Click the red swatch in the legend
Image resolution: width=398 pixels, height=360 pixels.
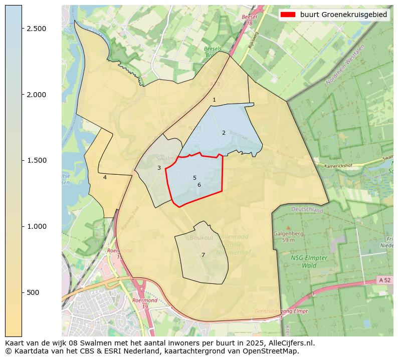[288, 15]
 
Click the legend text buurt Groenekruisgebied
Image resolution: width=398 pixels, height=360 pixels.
[344, 15]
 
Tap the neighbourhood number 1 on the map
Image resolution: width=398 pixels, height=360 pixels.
[214, 100]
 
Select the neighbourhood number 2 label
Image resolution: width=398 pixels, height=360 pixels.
[224, 133]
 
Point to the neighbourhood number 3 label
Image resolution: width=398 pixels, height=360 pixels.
[159, 168]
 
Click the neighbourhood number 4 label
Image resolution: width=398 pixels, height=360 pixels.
[105, 177]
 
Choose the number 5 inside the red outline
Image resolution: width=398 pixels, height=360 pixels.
[194, 178]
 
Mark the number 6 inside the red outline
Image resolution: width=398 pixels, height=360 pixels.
[199, 185]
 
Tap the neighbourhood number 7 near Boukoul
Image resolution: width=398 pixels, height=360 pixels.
[203, 255]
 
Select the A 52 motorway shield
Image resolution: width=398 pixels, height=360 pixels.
[384, 280]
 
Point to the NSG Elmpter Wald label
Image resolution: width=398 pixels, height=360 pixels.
[309, 261]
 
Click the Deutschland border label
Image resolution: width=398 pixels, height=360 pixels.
[307, 210]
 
